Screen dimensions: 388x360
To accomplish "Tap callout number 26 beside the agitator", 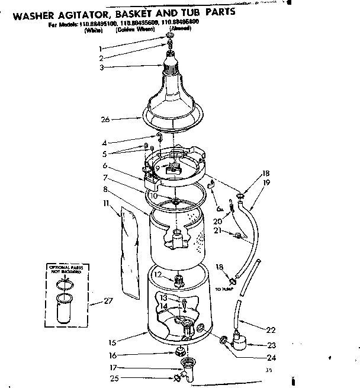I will pos(105,119).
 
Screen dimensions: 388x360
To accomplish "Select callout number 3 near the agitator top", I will pos(102,68).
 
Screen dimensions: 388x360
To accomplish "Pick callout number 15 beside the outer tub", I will pos(112,342).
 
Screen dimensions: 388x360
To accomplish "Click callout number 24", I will pos(271,357).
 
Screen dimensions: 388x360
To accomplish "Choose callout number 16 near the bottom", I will pos(112,355).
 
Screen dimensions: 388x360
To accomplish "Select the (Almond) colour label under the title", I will pos(179,28).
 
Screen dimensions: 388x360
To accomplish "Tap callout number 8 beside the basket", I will pos(105,189).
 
